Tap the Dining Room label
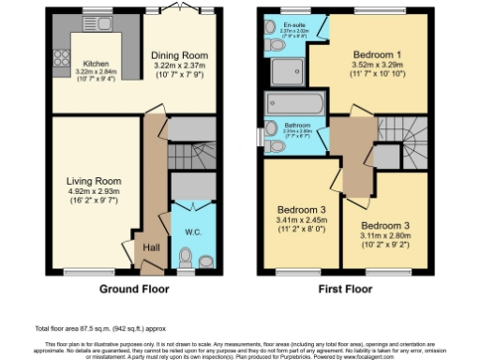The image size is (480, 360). (x=180, y=55)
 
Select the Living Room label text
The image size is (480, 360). (x=94, y=181)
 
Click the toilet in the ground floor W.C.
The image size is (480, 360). (x=186, y=255)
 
